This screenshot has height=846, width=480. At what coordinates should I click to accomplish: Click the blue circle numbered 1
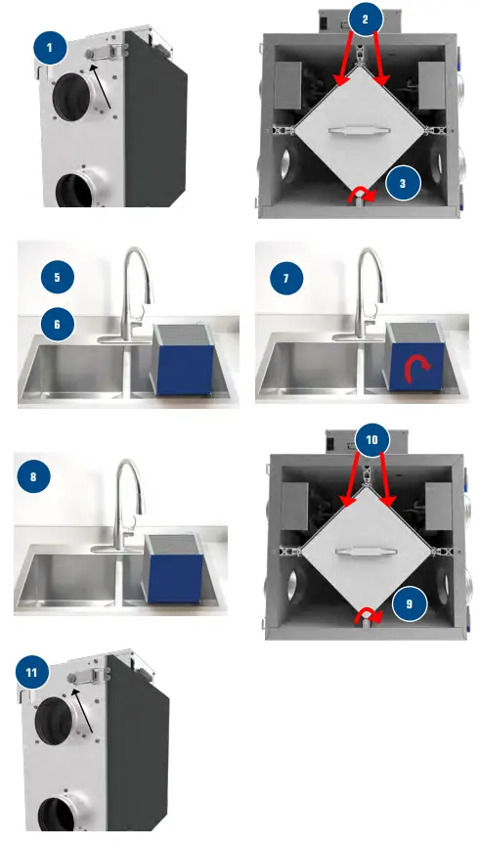click(x=50, y=48)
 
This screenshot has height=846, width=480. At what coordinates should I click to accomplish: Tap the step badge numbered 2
click(x=365, y=20)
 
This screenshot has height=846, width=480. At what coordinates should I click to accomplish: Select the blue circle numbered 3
click(x=403, y=184)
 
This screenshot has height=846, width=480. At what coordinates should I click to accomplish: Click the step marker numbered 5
click(x=57, y=278)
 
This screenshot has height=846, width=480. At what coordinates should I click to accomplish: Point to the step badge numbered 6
click(x=57, y=325)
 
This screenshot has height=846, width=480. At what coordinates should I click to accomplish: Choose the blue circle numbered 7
click(x=285, y=279)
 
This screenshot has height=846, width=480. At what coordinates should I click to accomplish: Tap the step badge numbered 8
click(x=33, y=477)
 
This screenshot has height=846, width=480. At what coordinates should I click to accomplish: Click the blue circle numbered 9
click(x=409, y=603)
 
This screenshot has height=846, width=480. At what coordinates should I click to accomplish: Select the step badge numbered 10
click(x=372, y=440)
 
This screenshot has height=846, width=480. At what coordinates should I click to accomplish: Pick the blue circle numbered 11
click(x=32, y=672)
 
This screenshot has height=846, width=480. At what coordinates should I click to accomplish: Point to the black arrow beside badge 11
click(x=83, y=709)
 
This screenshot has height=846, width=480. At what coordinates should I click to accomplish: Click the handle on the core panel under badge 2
click(x=359, y=131)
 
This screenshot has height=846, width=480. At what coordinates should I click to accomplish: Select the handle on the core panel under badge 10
click(x=367, y=552)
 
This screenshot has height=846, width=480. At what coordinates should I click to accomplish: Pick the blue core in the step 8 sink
click(x=174, y=568)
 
